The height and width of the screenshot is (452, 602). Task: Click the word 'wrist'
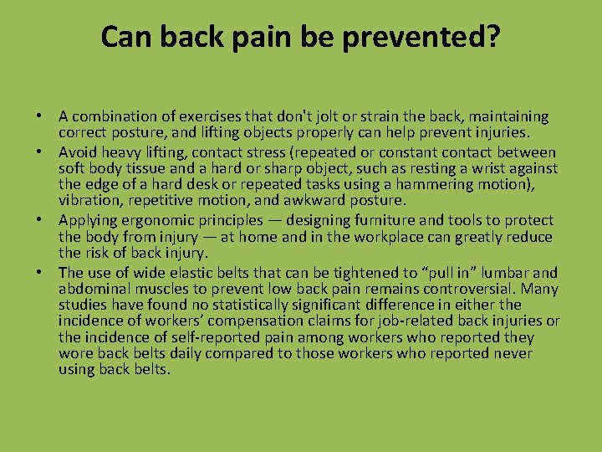472,168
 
